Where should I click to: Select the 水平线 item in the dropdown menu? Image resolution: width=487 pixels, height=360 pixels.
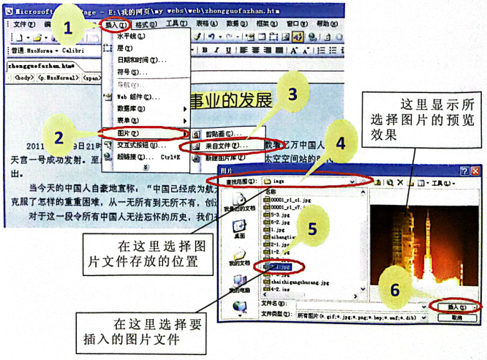pyautogui.click(x=130, y=35)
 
